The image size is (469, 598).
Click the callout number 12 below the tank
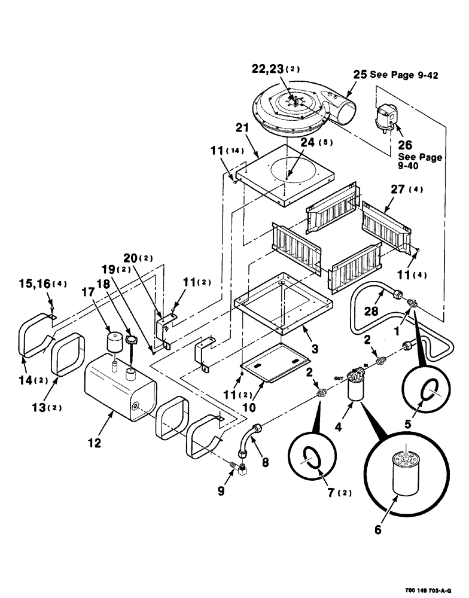(x=95, y=443)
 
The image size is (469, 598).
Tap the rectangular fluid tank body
(x=117, y=396)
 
